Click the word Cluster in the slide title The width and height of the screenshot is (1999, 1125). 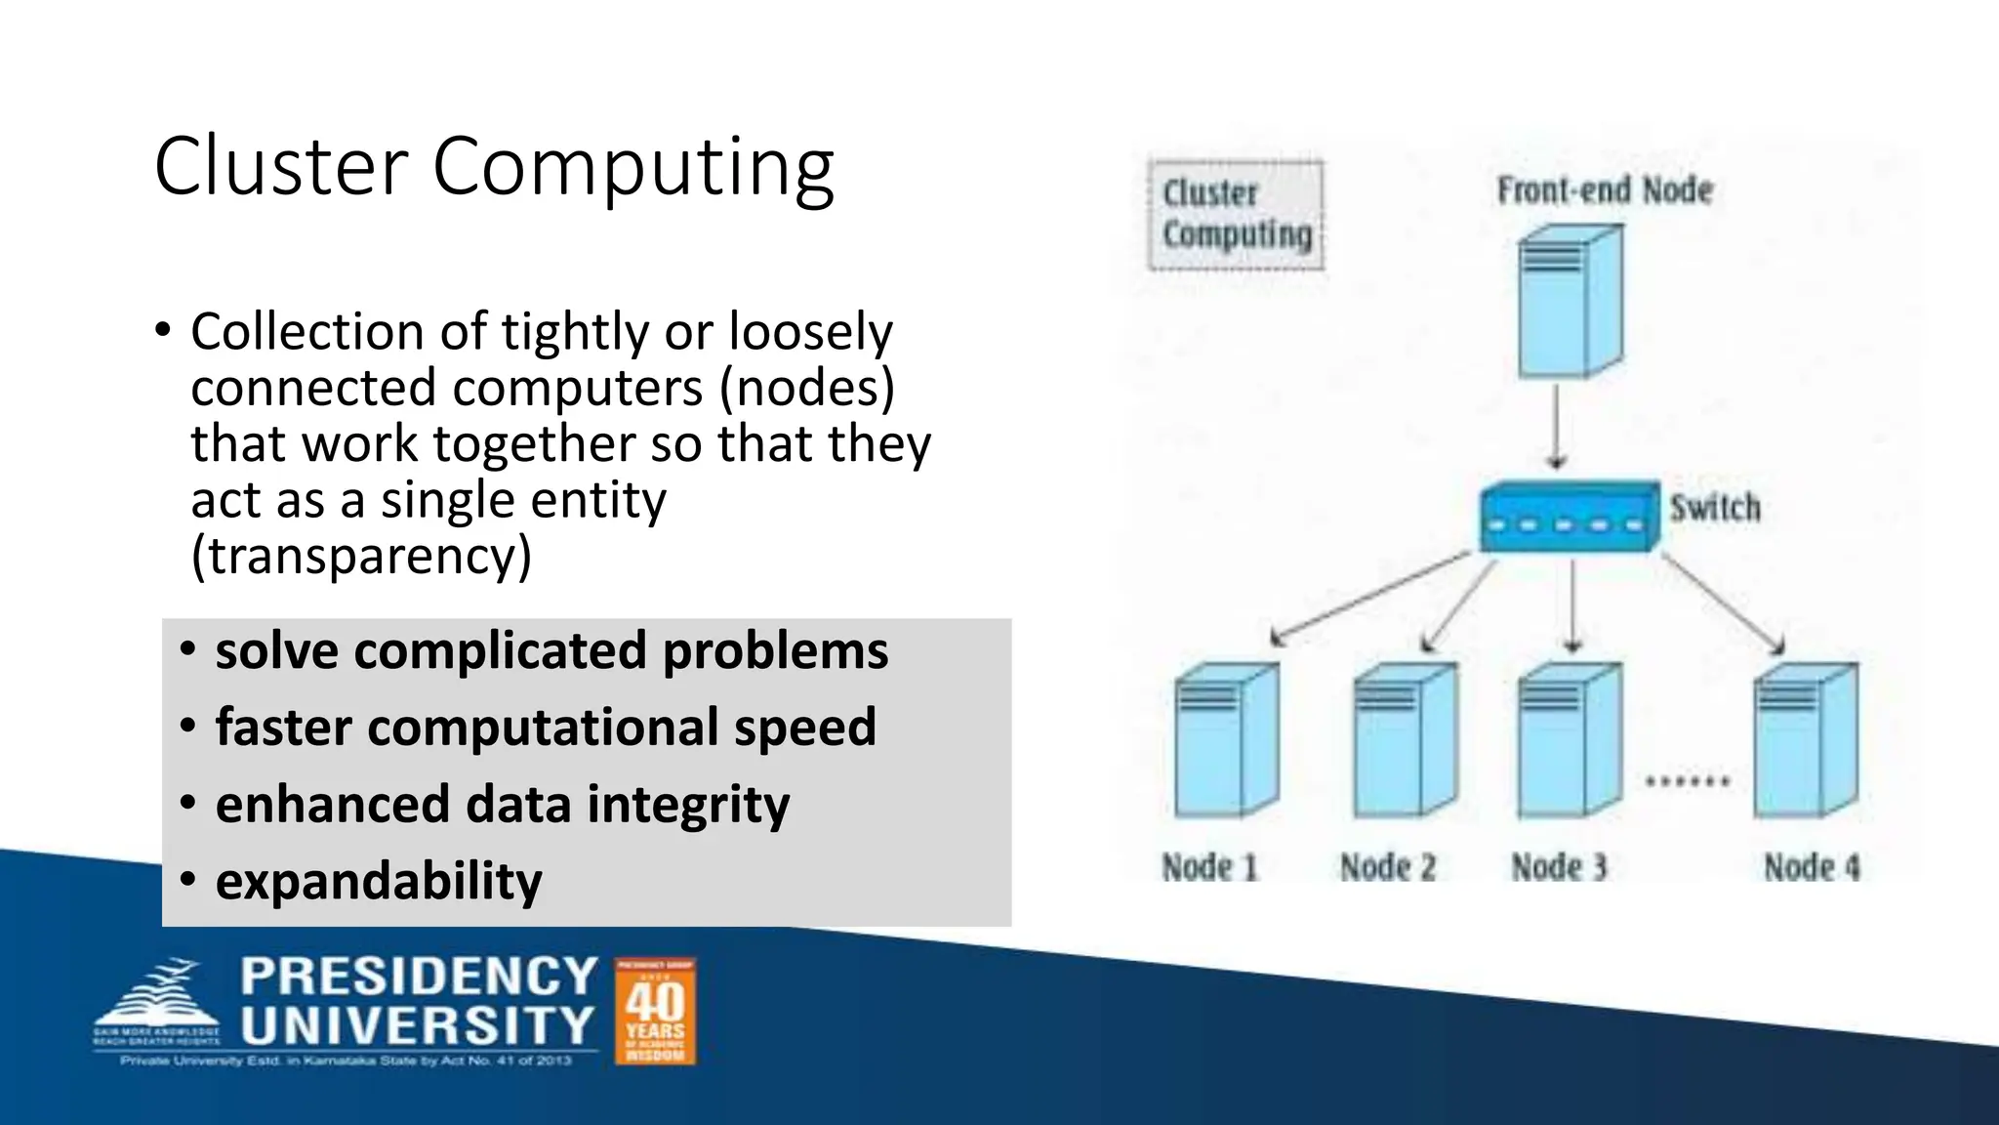pos(281,166)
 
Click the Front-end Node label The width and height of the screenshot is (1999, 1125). pos(1605,189)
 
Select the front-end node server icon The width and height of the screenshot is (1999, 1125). pos(1570,301)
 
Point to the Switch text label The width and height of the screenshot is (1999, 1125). pos(1715,508)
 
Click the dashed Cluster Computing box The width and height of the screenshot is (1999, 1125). pos(1236,215)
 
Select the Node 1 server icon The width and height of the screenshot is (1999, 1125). pos(1226,740)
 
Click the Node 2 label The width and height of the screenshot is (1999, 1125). pos(1388,867)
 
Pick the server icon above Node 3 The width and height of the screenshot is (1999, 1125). pos(1570,740)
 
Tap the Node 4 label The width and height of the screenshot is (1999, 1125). pos(1812,867)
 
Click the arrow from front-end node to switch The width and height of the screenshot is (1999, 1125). pos(1557,426)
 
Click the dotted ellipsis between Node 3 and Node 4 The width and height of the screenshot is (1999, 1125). pos(1688,781)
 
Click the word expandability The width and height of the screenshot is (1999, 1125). pos(379,881)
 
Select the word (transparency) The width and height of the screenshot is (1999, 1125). pos(361,556)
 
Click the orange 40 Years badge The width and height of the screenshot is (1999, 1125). pos(655,1011)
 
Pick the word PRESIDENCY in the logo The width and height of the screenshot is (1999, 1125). pos(419,977)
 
